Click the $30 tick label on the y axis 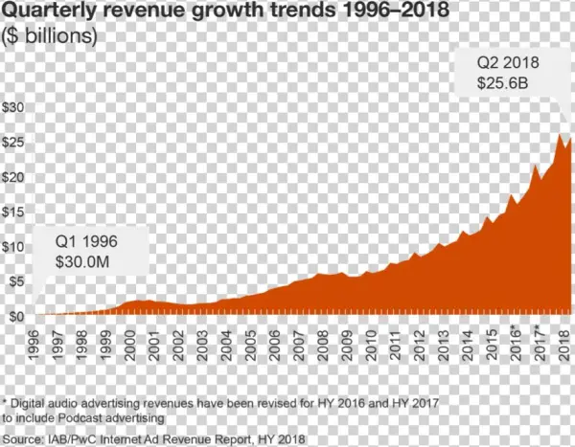tap(14, 107)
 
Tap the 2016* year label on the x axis tap(517, 344)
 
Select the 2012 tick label tap(419, 342)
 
